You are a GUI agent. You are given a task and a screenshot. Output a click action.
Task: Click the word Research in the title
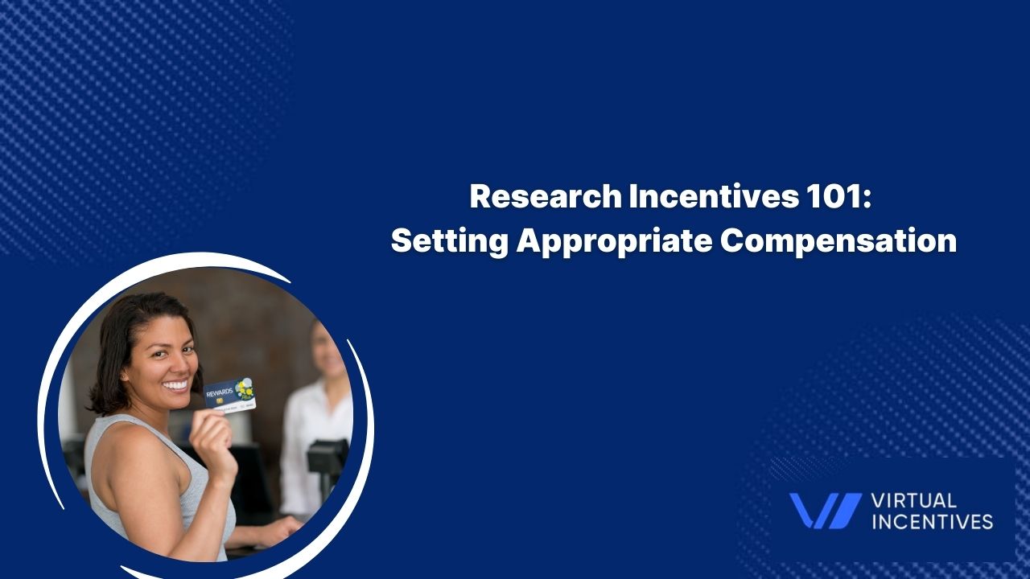[x=546, y=197]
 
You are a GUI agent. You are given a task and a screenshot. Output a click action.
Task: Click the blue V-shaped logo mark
[x=826, y=510]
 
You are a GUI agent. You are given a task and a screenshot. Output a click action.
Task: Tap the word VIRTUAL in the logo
[x=914, y=500]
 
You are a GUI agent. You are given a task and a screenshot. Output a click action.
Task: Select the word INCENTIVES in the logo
[x=933, y=522]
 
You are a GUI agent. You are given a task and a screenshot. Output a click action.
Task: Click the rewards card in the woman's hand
[x=229, y=396]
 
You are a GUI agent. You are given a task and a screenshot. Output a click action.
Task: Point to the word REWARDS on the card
[x=220, y=393]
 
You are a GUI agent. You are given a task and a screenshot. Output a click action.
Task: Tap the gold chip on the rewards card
[x=220, y=401]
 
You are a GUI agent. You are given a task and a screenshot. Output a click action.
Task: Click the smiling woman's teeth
[x=176, y=384]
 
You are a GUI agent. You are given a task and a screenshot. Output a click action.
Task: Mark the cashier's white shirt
[x=313, y=441]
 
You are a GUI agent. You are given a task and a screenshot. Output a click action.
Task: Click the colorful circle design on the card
[x=244, y=389]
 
